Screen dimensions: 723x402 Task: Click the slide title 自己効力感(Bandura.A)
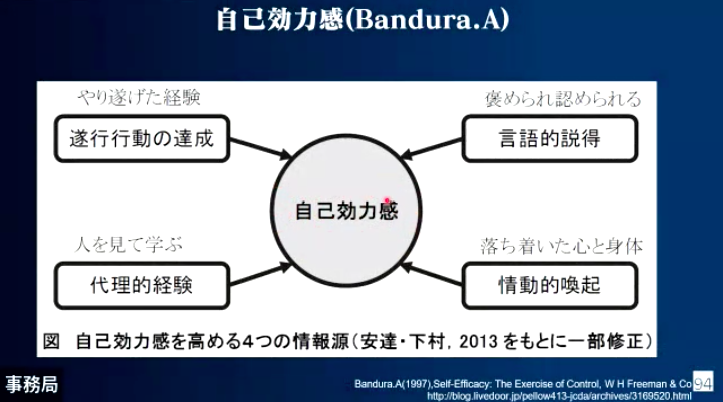pos(363,20)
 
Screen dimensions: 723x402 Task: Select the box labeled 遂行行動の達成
pos(142,138)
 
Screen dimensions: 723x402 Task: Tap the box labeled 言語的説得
pos(550,138)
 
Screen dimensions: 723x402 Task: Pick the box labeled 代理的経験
pos(142,286)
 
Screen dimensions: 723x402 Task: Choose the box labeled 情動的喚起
pos(550,286)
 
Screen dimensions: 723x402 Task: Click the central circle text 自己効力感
pos(346,211)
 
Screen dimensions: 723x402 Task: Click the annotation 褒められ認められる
pos(562,99)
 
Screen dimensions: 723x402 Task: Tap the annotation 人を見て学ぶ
pos(129,244)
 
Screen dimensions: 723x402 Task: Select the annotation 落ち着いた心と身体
pos(562,247)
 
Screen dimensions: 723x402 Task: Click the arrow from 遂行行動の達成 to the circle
pos(261,148)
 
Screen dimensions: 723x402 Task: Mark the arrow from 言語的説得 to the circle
pos(431,148)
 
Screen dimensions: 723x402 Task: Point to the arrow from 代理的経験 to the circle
pos(261,274)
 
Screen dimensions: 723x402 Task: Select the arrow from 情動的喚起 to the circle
pos(431,274)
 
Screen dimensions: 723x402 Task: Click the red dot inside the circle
pos(387,201)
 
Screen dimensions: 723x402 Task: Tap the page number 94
pos(703,383)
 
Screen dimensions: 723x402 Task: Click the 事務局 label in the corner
pos(31,385)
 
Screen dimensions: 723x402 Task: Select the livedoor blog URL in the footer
pos(559,396)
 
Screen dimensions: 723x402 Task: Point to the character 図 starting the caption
pos(51,341)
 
